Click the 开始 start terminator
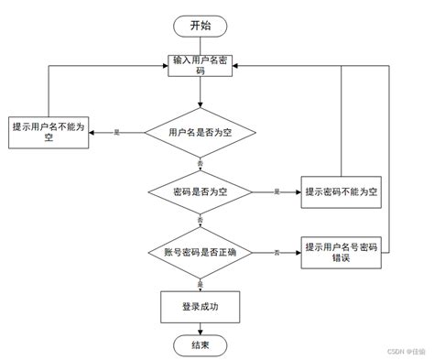tap(200, 25)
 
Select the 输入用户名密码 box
tap(200, 67)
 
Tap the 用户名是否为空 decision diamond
tap(200, 132)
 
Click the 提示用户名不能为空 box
tap(49, 132)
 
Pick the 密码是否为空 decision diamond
tap(200, 191)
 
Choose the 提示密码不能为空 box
tap(342, 191)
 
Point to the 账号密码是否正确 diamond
tap(200, 251)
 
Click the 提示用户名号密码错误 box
tap(342, 252)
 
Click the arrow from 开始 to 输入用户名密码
tap(200, 44)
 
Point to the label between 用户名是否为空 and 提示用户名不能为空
tap(116, 133)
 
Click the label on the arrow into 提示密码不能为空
tap(277, 191)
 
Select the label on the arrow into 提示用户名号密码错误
tap(277, 252)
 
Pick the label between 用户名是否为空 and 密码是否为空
tap(200, 162)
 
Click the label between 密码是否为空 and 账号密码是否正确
tap(200, 221)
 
